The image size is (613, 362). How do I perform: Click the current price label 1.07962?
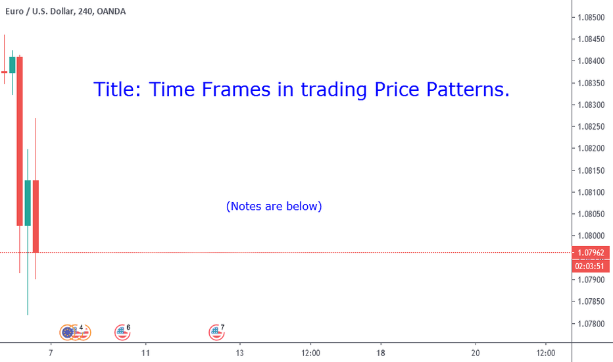pyautogui.click(x=591, y=253)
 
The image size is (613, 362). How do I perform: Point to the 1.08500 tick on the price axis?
pyautogui.click(x=591, y=17)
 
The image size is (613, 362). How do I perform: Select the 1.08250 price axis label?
pyautogui.click(x=591, y=126)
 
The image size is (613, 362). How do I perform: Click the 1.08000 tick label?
pyautogui.click(x=591, y=236)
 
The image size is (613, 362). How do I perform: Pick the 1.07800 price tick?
pyautogui.click(x=591, y=324)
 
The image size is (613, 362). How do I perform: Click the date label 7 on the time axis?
pyautogui.click(x=51, y=353)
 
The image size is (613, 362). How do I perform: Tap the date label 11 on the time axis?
pyautogui.click(x=145, y=353)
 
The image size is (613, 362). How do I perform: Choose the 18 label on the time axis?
pyautogui.click(x=380, y=353)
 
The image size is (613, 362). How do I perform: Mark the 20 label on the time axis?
pyautogui.click(x=476, y=353)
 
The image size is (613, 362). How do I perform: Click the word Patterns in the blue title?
pyautogui.click(x=468, y=90)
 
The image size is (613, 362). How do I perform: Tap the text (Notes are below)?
pyautogui.click(x=274, y=206)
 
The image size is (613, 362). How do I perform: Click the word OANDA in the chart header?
pyautogui.click(x=111, y=11)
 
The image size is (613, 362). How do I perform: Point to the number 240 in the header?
pyautogui.click(x=85, y=11)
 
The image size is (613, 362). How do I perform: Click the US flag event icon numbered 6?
pyautogui.click(x=122, y=332)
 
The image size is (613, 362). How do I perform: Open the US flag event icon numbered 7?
pyautogui.click(x=216, y=332)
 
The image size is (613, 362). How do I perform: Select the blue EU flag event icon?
pyautogui.click(x=68, y=332)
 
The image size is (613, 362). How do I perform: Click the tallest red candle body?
pyautogui.click(x=20, y=142)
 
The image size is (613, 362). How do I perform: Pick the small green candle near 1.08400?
pyautogui.click(x=12, y=65)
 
